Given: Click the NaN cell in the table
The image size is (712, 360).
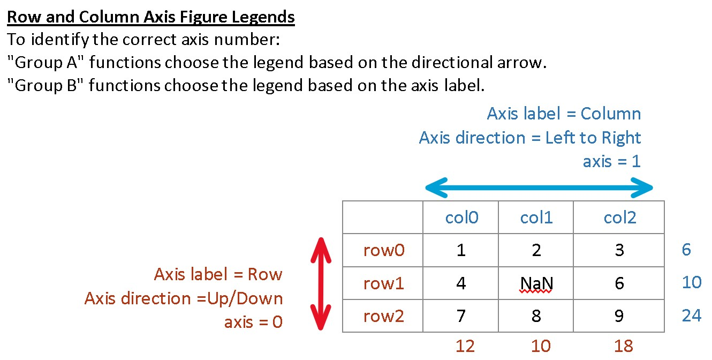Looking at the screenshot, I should click(x=536, y=283).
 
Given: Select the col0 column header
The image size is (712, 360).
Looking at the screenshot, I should click(x=461, y=217).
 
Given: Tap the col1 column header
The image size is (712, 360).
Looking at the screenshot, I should click(x=536, y=217).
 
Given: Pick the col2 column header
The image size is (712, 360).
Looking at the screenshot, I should click(x=620, y=217).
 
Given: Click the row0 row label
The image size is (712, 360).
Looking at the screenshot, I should click(x=383, y=250).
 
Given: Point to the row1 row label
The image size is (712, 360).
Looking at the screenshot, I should click(x=383, y=283).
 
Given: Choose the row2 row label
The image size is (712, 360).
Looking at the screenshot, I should click(x=383, y=316).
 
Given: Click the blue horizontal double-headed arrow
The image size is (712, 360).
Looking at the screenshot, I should click(x=539, y=187).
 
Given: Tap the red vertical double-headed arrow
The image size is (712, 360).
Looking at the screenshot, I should click(x=320, y=284).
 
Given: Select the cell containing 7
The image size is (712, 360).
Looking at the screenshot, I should click(x=461, y=316).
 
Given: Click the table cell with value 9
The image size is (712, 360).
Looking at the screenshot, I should click(x=619, y=316).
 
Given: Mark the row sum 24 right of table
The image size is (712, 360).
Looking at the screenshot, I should click(x=691, y=316).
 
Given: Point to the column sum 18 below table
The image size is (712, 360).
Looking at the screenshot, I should click(x=624, y=346).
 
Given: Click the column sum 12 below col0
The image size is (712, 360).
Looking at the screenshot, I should click(x=465, y=346).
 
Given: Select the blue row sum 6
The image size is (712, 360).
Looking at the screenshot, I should click(x=686, y=250).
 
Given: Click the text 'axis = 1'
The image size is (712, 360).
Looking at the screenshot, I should click(x=611, y=161).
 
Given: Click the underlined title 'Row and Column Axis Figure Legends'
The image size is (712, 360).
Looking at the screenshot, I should click(x=151, y=17).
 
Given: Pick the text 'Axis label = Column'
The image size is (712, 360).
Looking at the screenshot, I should click(x=564, y=114).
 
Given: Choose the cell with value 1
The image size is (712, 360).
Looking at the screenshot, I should click(x=461, y=250).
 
